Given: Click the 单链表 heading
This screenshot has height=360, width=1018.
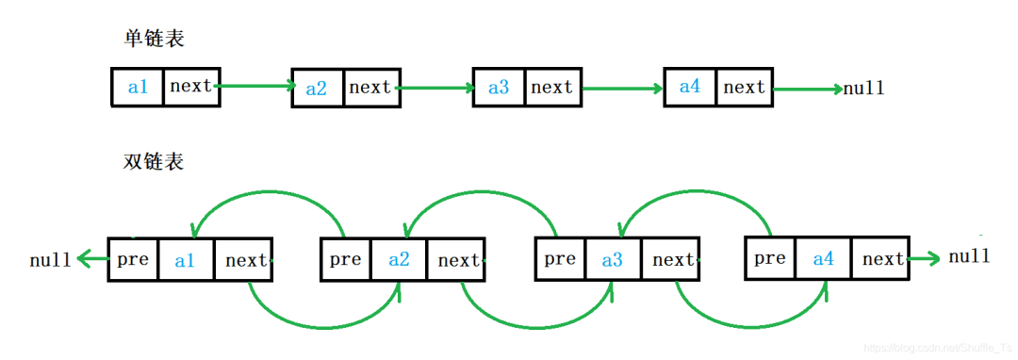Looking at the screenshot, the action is pos(154,39).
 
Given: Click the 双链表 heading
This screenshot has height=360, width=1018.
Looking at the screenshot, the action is pos(154,161).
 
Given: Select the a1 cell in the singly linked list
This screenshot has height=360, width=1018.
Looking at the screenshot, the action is pos(137,87).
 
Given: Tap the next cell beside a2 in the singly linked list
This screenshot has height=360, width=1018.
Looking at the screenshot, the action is pos(369,87).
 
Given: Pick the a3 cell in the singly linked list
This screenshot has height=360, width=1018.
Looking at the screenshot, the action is pos(498,87).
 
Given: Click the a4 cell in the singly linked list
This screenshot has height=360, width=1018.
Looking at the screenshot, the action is pos(690,87).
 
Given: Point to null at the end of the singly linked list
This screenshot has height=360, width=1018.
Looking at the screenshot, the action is pos(863,89).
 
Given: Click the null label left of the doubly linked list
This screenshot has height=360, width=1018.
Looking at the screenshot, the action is pos(50,261).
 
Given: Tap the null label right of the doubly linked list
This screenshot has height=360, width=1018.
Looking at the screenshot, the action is pos(969,256).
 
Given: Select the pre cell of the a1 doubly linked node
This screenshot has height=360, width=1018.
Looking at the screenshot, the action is pos(133,260).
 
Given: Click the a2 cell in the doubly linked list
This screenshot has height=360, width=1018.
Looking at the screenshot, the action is pos(399,259).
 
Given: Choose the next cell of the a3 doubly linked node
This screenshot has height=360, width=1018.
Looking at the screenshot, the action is pos(673,259).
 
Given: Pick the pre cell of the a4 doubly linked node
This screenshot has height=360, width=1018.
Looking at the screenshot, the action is pos(770,259).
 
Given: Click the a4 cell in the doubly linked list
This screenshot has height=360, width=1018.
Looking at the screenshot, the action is pos(823,259).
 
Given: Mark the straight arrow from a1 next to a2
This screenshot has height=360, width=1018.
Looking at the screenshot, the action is pos(254,86).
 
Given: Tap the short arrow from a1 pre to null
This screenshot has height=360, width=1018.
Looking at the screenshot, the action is pos(92,260).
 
